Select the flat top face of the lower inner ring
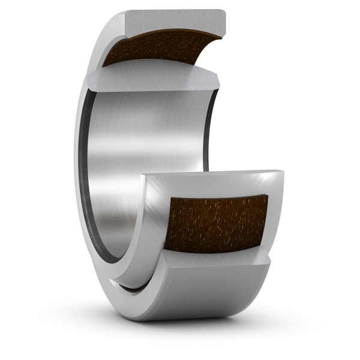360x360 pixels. click(210, 176)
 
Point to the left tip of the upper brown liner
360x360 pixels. click(106, 62)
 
